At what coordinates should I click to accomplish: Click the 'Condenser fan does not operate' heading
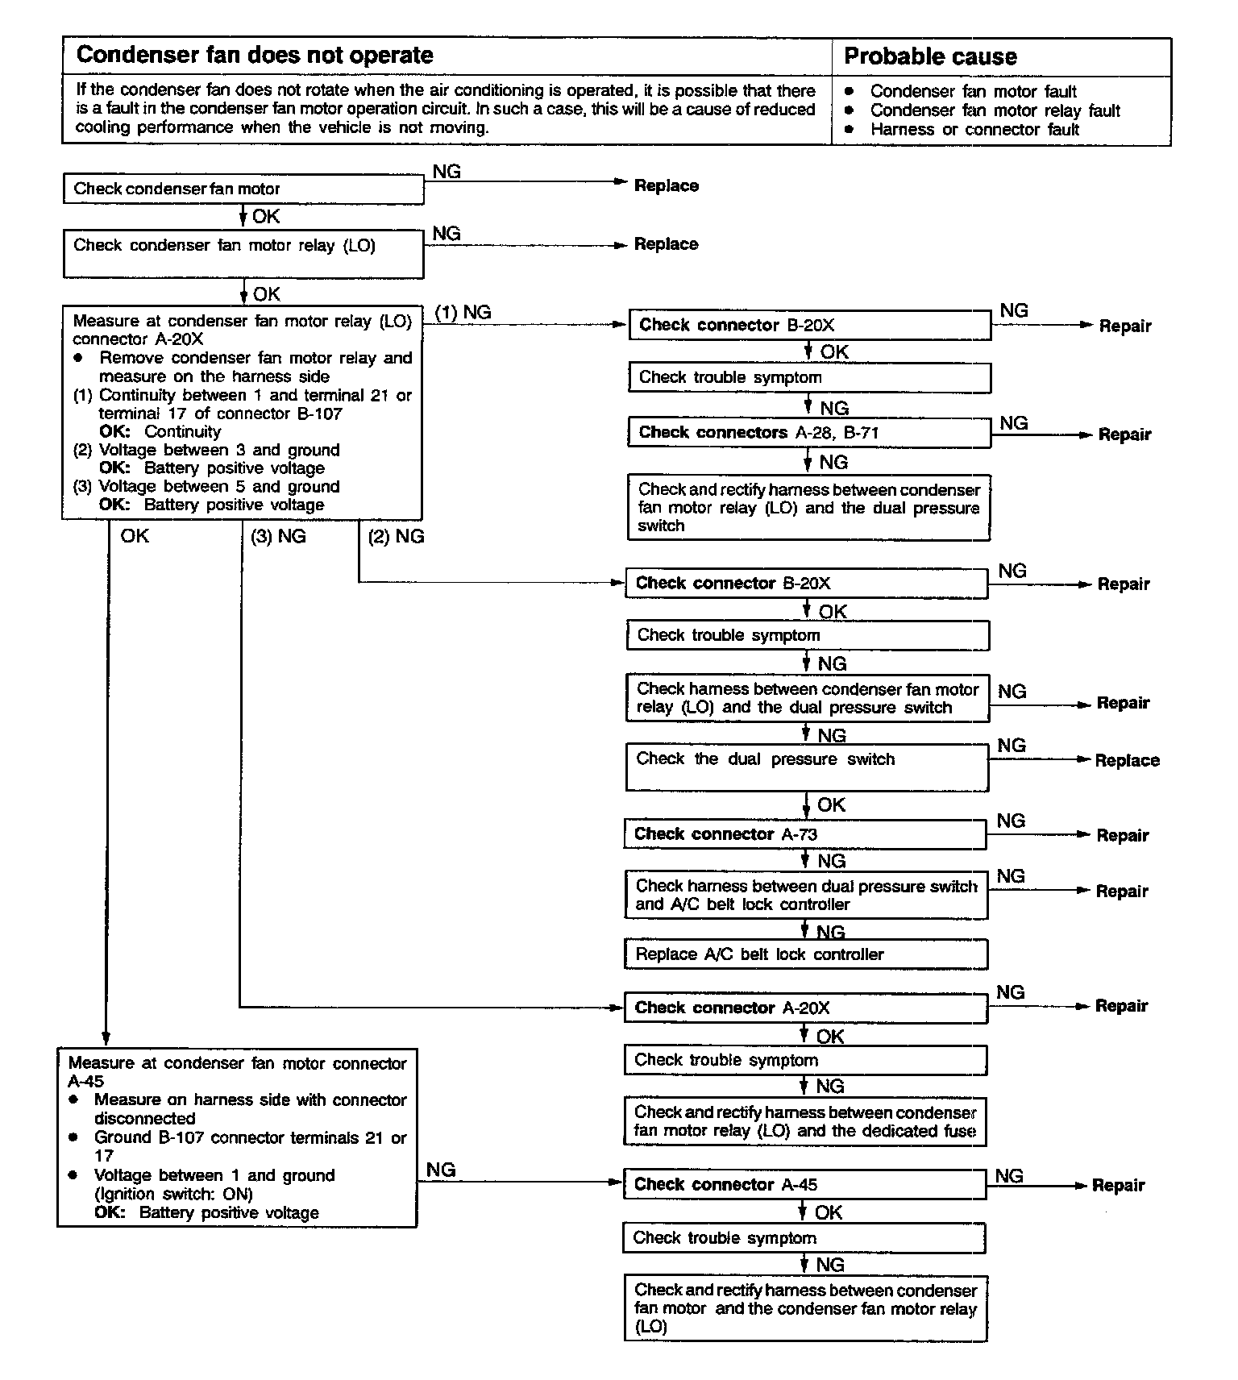(x=254, y=55)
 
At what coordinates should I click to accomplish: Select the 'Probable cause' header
(x=929, y=56)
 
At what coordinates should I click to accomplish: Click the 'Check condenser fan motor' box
(x=243, y=189)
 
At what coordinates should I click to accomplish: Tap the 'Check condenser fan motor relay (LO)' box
(x=243, y=254)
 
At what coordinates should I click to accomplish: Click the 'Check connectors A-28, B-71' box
(x=808, y=433)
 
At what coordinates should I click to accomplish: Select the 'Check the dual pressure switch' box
(x=806, y=767)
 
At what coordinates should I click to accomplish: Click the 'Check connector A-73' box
(x=804, y=834)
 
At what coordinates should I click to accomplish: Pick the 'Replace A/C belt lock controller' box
(x=805, y=954)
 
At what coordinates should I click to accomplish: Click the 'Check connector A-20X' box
(x=804, y=1008)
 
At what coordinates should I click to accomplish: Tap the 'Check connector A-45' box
(x=804, y=1184)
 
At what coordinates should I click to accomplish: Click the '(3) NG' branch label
(x=278, y=537)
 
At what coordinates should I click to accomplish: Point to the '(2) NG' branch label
(x=396, y=537)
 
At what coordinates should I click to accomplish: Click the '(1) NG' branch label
(x=463, y=313)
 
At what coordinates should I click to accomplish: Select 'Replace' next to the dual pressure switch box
(x=1127, y=760)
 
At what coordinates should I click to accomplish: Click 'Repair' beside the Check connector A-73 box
(x=1122, y=836)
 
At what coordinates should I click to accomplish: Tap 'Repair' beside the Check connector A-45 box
(x=1118, y=1186)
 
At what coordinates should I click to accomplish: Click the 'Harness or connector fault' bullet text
(x=974, y=130)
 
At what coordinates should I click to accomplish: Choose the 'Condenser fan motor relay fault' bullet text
(x=995, y=110)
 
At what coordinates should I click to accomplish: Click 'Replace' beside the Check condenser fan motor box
(x=666, y=186)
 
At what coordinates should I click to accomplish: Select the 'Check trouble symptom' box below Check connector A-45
(x=803, y=1238)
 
